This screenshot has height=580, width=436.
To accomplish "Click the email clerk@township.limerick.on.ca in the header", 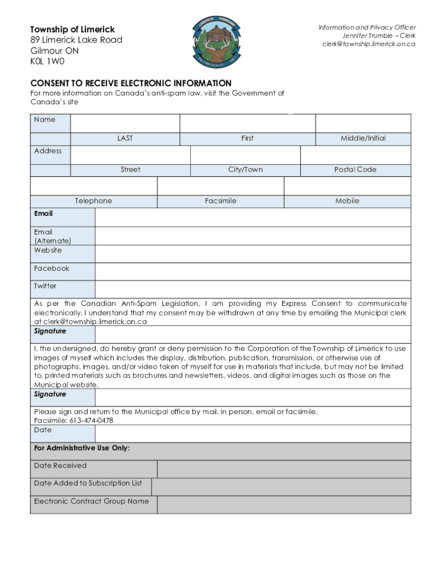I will tap(369, 44).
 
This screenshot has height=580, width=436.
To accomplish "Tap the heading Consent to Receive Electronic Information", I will tap(131, 83).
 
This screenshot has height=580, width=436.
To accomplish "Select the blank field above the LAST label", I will tap(125, 123).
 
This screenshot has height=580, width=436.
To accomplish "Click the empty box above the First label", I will tap(247, 123).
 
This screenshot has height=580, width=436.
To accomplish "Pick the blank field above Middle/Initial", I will tap(363, 123).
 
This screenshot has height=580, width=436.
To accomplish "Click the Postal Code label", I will tap(355, 169).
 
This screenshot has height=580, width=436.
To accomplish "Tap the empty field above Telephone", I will tap(93, 186).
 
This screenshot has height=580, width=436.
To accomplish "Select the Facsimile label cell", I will tap(220, 201).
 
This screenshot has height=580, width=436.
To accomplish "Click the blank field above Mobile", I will tap(347, 186).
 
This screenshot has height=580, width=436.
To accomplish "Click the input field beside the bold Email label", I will tap(253, 217).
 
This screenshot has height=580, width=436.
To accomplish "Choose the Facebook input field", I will tap(253, 272).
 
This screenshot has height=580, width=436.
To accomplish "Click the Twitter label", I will tap(45, 286).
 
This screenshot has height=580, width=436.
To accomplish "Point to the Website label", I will tap(48, 250).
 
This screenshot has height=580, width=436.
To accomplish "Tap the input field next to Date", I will tap(253, 433).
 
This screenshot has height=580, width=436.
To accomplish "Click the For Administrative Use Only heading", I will tap(82, 448).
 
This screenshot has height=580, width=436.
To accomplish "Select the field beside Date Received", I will tap(284, 469).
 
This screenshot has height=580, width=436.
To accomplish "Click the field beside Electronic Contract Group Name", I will tap(284, 505).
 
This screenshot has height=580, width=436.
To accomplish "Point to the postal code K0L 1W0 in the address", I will tap(48, 61).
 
